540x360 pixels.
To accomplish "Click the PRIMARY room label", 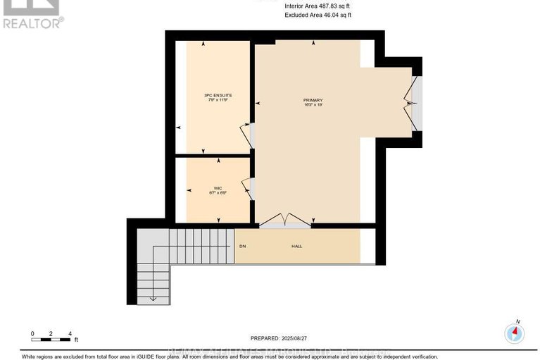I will pos(313,100).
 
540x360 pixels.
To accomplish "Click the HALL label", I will pos(297,247).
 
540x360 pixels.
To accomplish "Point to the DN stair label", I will pos(242,247).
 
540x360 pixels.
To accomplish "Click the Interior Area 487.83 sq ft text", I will pos(317,6).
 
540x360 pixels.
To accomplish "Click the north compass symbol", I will pos(516,331).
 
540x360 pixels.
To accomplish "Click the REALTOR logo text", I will pos(32,23).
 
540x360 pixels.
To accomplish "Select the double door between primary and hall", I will pos(285,221).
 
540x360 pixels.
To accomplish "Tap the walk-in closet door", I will pos(246,187).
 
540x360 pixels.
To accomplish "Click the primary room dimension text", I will pos(313,106).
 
